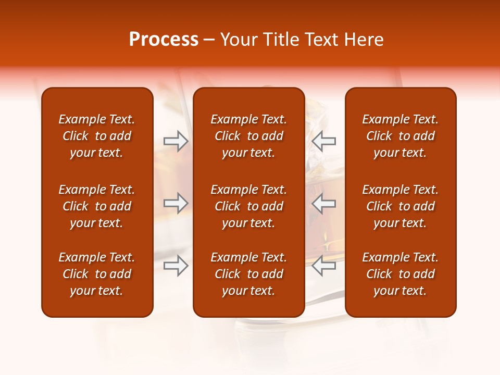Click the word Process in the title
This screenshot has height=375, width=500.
click(x=164, y=40)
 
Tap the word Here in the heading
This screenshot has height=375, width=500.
click(x=362, y=40)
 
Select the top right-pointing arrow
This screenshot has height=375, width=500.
click(x=176, y=141)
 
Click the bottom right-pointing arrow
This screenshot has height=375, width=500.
click(x=176, y=266)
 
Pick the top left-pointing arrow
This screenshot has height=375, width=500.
click(x=323, y=141)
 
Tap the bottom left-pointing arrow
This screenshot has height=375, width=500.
click(x=323, y=266)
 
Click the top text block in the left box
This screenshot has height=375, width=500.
click(x=97, y=136)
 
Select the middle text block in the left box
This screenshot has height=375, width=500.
click(x=97, y=206)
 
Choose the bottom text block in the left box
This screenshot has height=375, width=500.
click(x=97, y=274)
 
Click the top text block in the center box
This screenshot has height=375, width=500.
click(x=248, y=136)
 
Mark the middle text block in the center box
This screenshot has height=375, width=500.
click(x=248, y=206)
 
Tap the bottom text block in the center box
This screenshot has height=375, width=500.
click(x=248, y=274)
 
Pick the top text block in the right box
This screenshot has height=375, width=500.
click(x=400, y=136)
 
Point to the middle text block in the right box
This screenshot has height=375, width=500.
click(x=400, y=206)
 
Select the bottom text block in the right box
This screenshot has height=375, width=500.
click(x=400, y=274)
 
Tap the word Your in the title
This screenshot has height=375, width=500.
click(x=238, y=40)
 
